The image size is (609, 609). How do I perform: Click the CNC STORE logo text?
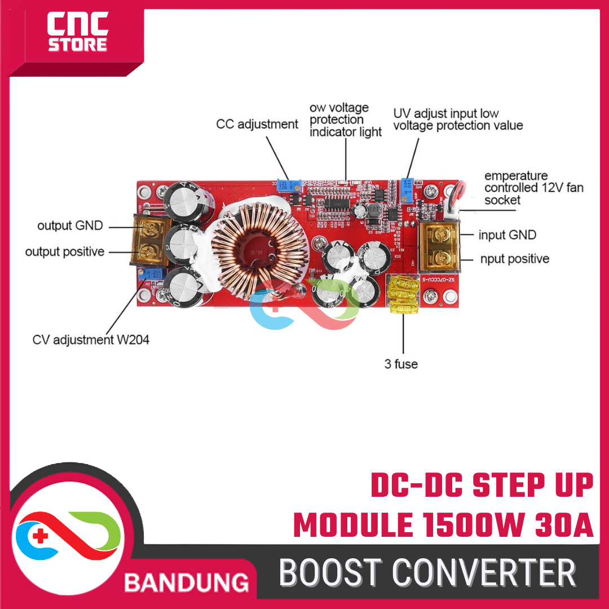[x=77, y=33]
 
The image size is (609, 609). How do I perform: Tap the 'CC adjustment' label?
[x=257, y=124]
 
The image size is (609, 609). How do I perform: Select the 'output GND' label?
[x=70, y=226]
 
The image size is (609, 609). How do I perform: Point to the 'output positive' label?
[x=65, y=251]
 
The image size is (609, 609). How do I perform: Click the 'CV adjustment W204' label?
[x=91, y=340]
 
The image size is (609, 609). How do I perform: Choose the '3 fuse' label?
[x=401, y=364]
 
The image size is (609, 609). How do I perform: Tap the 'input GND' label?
[x=507, y=235]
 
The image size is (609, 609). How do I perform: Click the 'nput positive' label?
[x=513, y=259]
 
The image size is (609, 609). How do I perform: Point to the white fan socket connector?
[x=449, y=208]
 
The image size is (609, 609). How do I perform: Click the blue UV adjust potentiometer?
[x=407, y=186]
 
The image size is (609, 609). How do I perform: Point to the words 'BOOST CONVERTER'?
[x=427, y=572]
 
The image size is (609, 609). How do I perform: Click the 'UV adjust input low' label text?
[x=445, y=113]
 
